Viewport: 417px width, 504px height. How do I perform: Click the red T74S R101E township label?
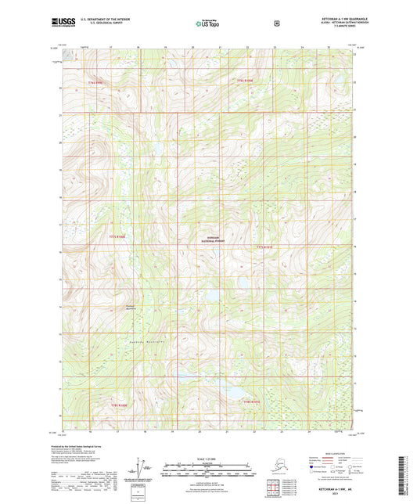point(246,81)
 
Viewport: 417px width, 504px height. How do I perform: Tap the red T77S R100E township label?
point(117,236)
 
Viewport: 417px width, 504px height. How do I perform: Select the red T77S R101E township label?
point(265,246)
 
